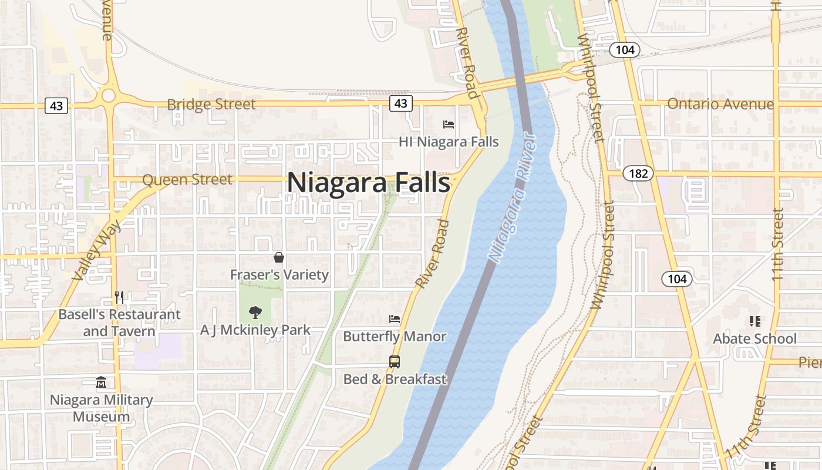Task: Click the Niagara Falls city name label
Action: coord(369,183)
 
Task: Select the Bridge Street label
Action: coord(211,105)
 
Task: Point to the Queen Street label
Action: coord(187,180)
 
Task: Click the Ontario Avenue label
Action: coord(720,104)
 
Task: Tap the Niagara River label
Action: coord(513,199)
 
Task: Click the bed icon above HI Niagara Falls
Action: coord(449,125)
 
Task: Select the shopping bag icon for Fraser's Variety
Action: coord(279,257)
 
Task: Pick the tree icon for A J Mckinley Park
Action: coord(255,313)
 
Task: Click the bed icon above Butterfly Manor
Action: coord(395,319)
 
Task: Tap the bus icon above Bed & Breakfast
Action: coord(395,362)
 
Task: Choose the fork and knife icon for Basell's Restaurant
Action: coord(119,297)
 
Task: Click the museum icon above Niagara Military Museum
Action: coord(101,382)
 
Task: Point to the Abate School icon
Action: coord(754,321)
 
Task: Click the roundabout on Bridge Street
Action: coord(108,95)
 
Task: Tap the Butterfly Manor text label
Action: coord(395,337)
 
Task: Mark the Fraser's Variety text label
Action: coord(279,274)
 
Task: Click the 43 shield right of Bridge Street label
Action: coord(400,103)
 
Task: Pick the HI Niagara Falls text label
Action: coord(449,142)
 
